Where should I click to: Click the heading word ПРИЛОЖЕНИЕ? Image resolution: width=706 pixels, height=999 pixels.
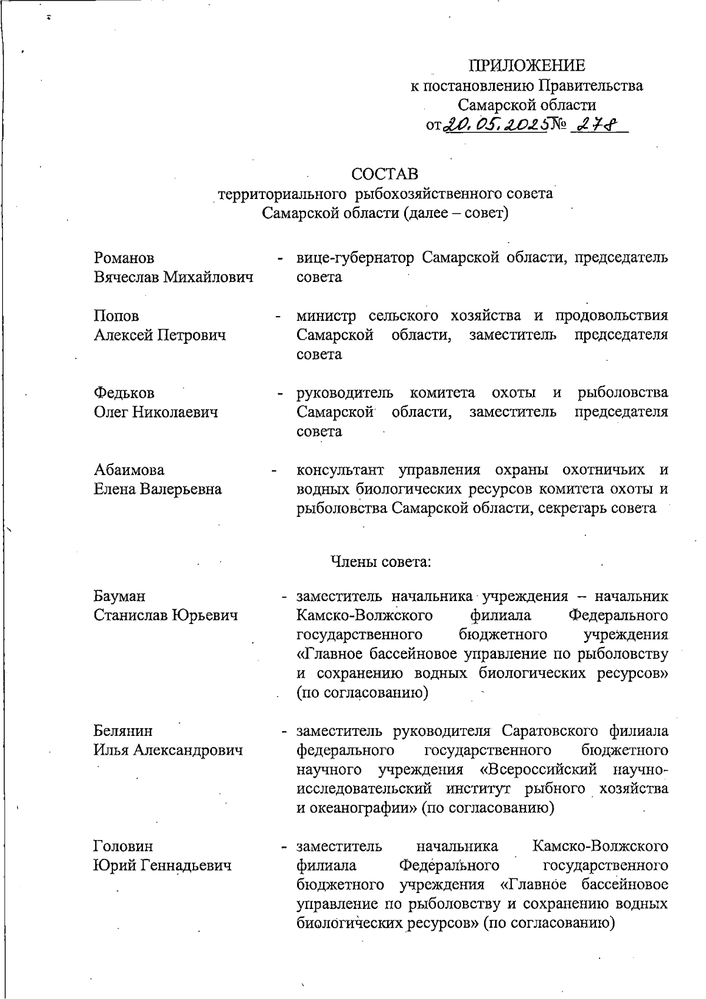pos(527,65)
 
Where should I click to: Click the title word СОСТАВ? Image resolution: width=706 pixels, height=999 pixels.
pos(385,174)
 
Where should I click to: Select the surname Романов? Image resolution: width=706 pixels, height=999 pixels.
pos(124,258)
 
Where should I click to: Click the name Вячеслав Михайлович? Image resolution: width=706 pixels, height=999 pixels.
pos(174,277)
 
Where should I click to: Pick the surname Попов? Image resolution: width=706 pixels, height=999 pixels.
pos(116,316)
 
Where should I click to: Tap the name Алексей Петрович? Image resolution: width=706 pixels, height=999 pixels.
pos(160,335)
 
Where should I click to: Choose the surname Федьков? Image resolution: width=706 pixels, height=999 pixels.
pos(124,393)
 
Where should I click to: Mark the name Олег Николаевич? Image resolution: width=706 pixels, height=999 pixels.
pos(156,411)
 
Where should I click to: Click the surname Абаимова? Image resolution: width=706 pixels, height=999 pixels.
pos(129,470)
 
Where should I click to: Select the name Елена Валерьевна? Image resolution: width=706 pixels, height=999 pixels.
pos(158,489)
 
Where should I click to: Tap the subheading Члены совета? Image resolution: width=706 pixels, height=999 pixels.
pos(381,562)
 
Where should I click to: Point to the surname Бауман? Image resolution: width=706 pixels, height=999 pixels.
pos(119,596)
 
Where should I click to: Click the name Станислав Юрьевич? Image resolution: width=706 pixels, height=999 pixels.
pos(166,615)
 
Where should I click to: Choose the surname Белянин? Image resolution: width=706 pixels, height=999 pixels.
pos(123,731)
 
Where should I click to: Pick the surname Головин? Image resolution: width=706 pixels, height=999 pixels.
pos(123,846)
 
